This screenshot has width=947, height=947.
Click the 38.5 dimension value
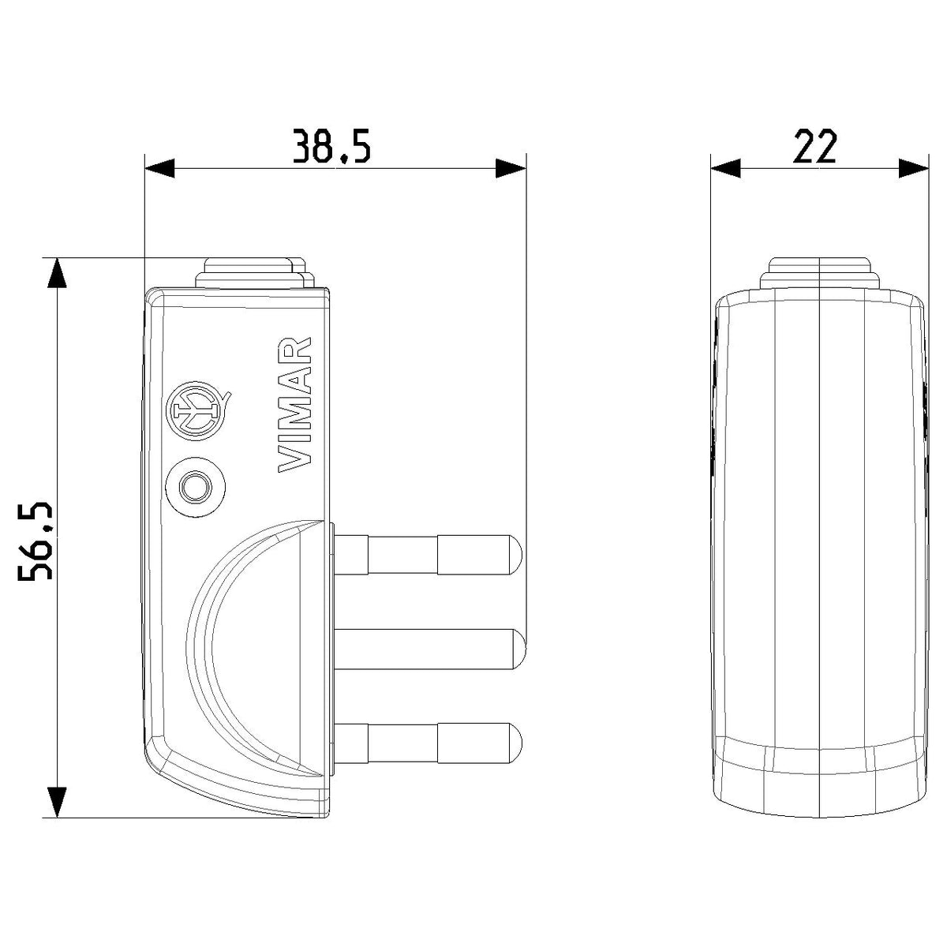[331, 146]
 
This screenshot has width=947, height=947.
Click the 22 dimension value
[814, 146]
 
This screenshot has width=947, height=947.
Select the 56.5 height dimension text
[36, 541]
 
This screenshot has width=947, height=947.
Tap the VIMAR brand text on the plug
[295, 405]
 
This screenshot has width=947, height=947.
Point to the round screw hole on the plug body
[196, 487]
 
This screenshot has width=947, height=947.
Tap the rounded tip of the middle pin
[519, 649]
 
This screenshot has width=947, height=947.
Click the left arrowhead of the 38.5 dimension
[159, 169]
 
